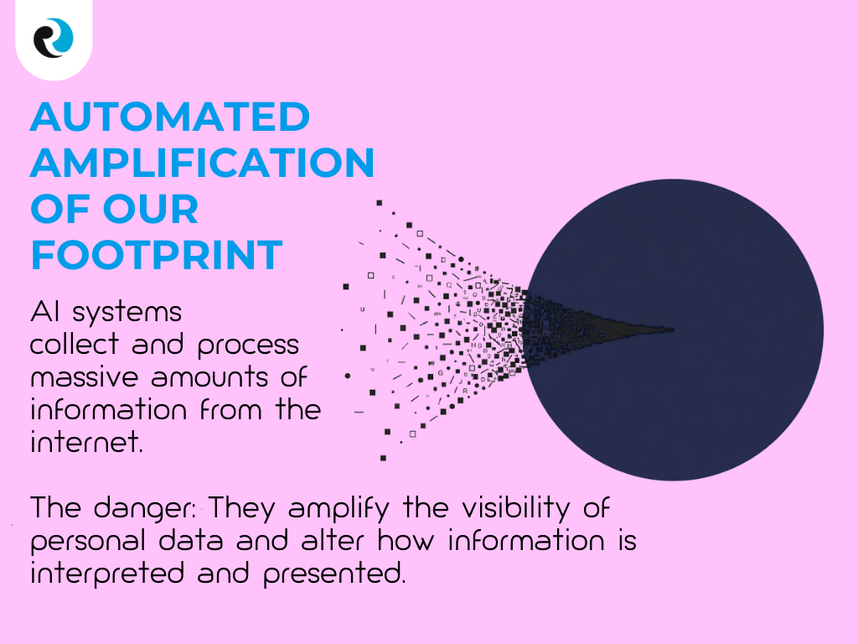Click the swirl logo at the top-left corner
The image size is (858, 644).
pos(54,39)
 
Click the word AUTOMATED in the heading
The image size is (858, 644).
pos(170,117)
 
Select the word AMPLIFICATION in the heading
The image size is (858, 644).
pos(202,163)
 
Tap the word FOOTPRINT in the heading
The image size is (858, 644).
pos(157,255)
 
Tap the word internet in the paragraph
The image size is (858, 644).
pos(85,441)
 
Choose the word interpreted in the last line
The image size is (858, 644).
pos(106,575)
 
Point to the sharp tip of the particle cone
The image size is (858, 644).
pos(670,329)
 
